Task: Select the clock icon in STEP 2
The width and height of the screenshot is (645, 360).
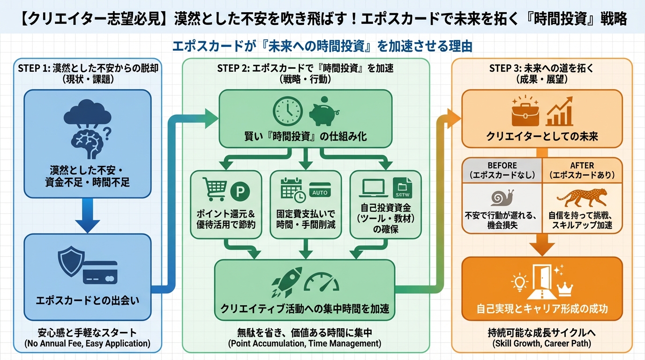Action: click(x=288, y=112)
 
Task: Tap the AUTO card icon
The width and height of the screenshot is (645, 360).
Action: click(x=320, y=190)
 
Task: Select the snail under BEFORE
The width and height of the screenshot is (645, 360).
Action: click(x=502, y=198)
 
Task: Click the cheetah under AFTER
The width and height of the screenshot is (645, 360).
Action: click(x=582, y=197)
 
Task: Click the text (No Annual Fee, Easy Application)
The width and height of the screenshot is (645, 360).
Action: click(x=87, y=344)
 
